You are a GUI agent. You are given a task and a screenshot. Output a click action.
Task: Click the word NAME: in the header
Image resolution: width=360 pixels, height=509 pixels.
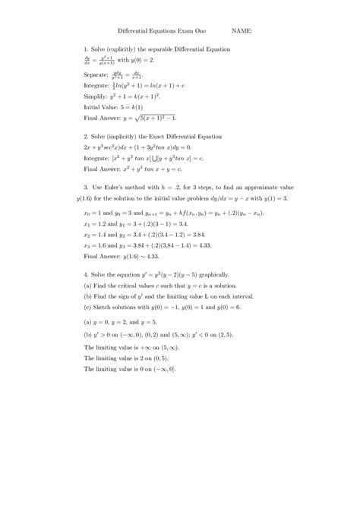click(242, 32)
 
